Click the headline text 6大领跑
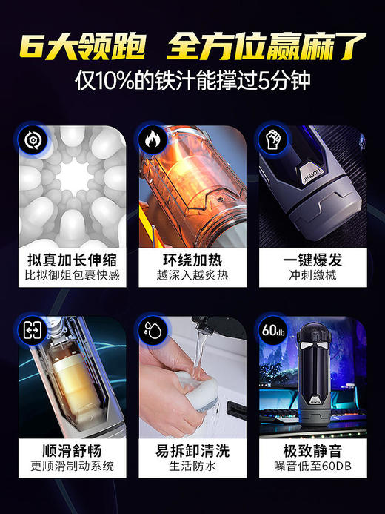81,44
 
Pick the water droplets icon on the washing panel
151,330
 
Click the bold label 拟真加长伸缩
71,260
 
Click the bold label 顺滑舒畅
71,450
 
